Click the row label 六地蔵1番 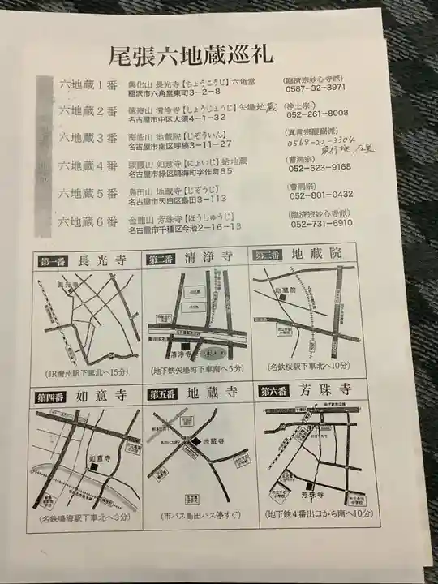click(x=88, y=84)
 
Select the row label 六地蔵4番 click(x=88, y=166)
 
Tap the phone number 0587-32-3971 click(x=317, y=87)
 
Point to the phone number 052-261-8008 click(x=317, y=113)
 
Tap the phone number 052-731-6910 click(x=320, y=222)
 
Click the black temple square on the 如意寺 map click(x=94, y=468)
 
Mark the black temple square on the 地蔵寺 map click(x=195, y=441)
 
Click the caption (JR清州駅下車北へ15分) click(x=88, y=373)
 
